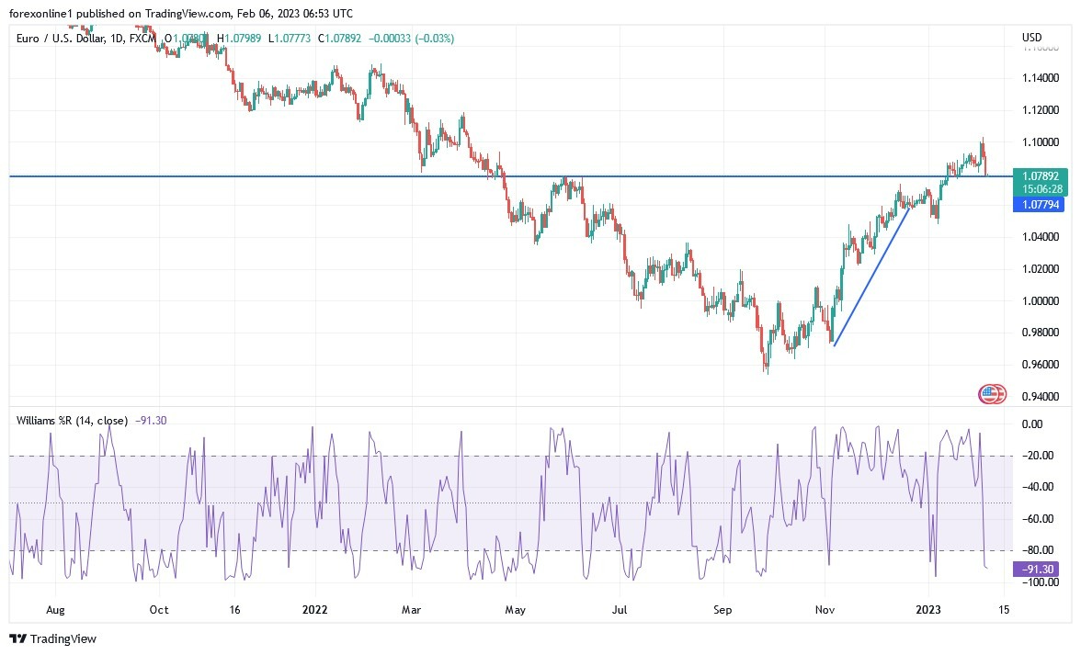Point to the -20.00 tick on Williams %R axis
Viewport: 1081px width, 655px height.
click(1038, 456)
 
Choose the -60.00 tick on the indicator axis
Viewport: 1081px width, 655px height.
click(1038, 519)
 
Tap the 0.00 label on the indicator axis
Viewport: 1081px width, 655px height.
click(1033, 424)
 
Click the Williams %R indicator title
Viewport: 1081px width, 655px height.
click(72, 421)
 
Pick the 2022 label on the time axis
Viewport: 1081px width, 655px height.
click(315, 609)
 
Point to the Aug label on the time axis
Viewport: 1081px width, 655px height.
click(55, 609)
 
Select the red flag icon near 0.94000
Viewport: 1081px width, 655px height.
click(989, 395)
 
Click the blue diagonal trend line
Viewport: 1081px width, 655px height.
click(871, 277)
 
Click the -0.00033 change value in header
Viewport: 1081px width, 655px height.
click(391, 39)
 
